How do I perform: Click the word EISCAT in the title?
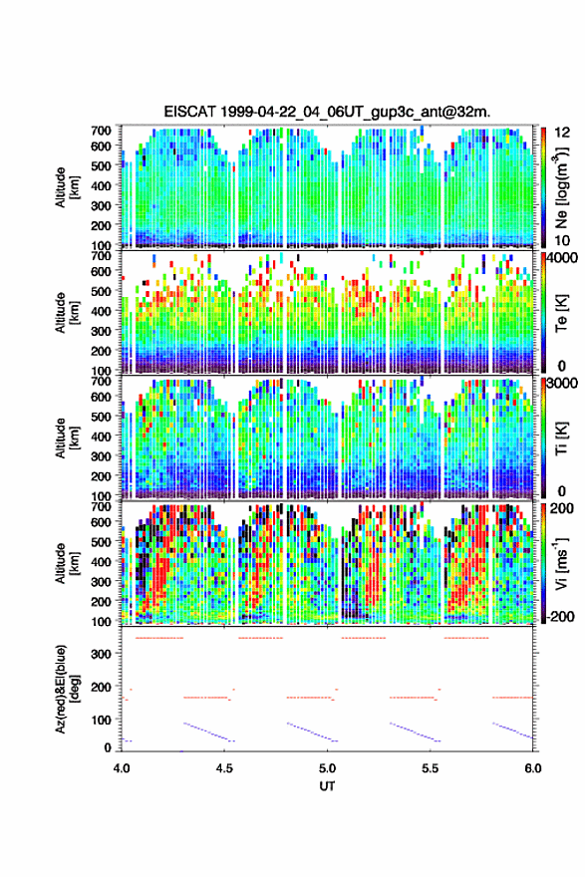190,112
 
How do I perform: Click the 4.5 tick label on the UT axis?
224,768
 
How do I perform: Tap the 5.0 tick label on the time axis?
327,768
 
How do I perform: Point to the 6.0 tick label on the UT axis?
532,768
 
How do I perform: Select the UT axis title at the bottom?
327,786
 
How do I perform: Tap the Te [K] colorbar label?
561,313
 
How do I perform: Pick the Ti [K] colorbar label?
561,438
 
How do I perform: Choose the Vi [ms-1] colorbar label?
561,564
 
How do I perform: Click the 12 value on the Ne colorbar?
562,133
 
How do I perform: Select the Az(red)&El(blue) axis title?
66,689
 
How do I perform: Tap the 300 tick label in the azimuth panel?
101,654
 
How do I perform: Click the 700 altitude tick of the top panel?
101,131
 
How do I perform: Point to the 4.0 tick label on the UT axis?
122,768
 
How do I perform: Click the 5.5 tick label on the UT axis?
431,768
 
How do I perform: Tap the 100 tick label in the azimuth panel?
101,720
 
